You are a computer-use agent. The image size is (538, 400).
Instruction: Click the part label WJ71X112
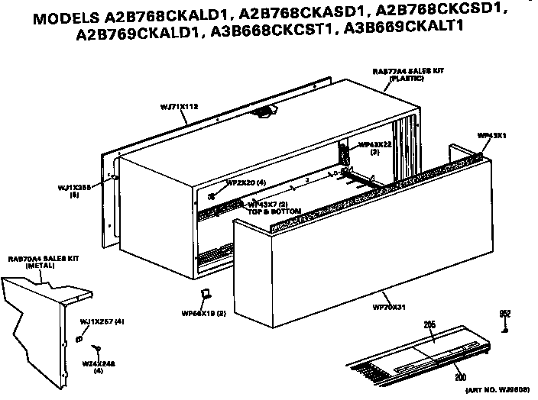click(180, 108)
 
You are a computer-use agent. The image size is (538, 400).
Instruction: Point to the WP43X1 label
click(493, 136)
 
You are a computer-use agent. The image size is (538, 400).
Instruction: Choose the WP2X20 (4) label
click(245, 183)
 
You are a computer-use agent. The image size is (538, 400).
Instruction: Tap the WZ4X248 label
click(98, 365)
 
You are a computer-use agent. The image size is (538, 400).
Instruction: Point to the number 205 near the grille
click(429, 325)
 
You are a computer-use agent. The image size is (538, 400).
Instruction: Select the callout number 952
click(505, 314)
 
